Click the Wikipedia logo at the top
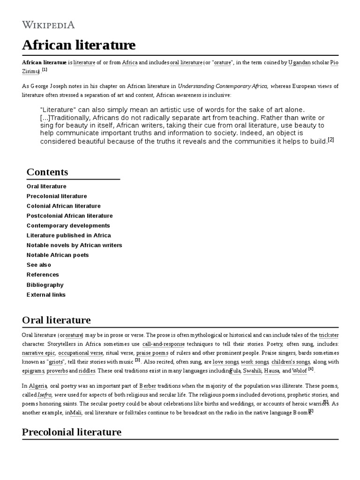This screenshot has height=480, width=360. pos(48,25)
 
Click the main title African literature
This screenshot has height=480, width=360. pos(79,45)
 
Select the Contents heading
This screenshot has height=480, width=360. pos(47,172)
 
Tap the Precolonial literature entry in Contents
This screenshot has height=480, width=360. pos(57,196)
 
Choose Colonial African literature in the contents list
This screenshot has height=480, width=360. pos(63,206)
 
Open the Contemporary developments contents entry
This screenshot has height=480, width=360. pos(68,225)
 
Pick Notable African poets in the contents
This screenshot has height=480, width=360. pos(58,255)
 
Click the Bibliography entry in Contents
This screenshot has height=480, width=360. pos(45,285)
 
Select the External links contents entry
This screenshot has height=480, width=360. pos(46,294)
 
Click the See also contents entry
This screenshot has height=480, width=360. pos(39,265)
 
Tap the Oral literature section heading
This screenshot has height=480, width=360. pos(56,321)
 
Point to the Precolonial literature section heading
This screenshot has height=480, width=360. pos(72,432)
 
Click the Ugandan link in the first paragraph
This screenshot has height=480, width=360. pos(299,62)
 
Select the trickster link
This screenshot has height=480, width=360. pos(329,335)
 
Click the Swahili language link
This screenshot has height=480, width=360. pos(252,371)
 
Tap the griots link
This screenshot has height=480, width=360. pos(55,362)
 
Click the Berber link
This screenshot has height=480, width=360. pos(148,385)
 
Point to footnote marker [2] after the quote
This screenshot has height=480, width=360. pos(331,140)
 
